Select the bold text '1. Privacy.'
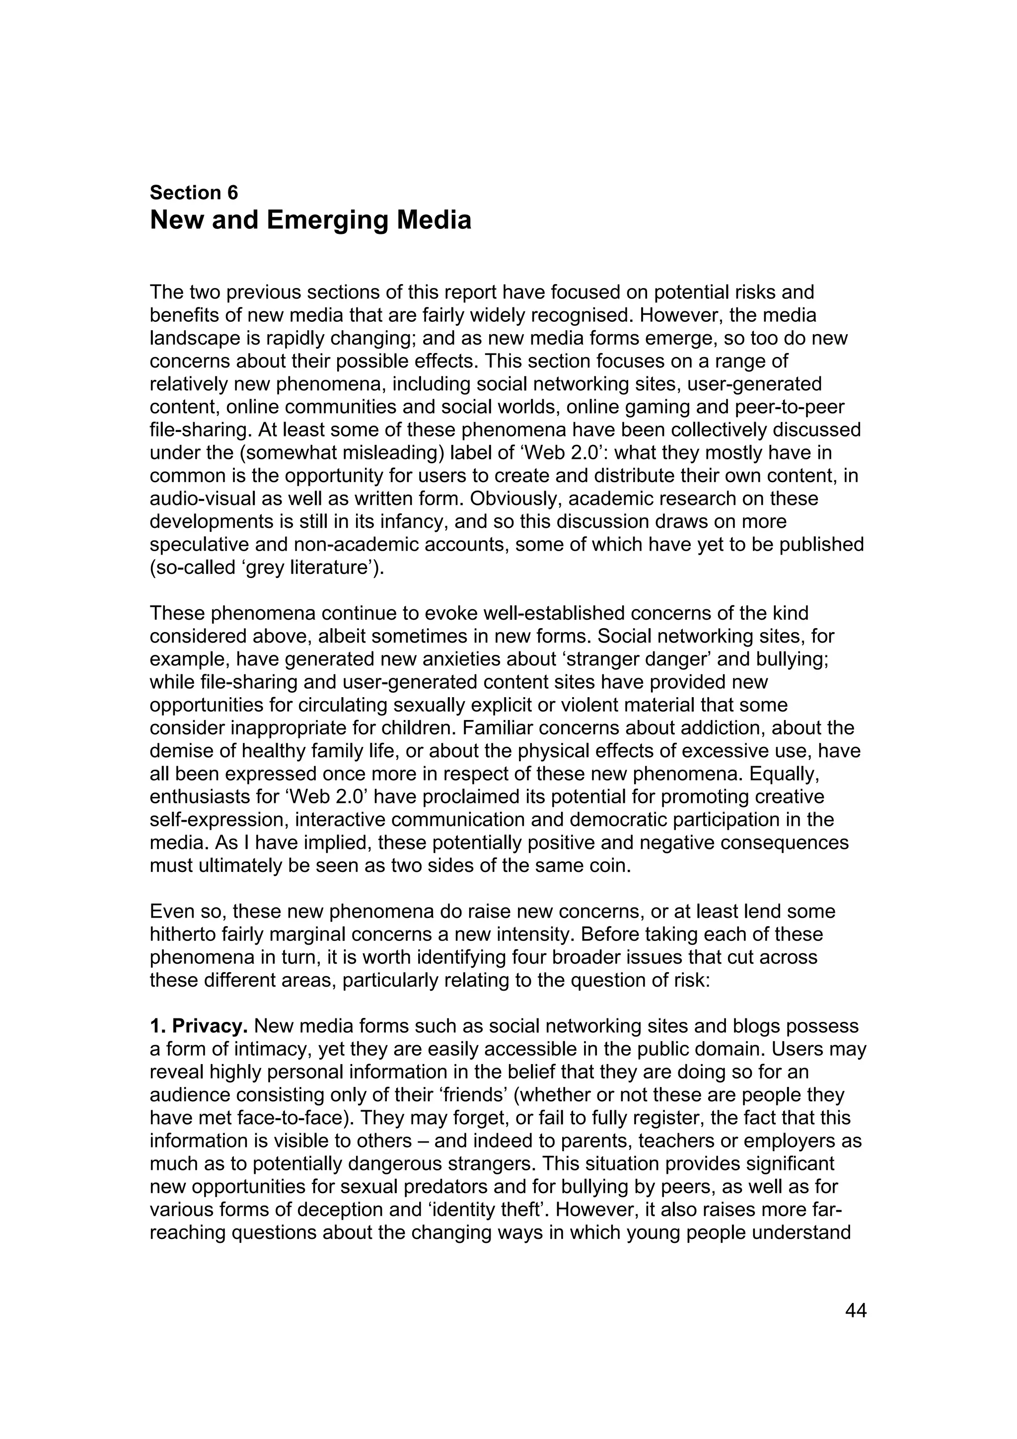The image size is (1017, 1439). [199, 1026]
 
